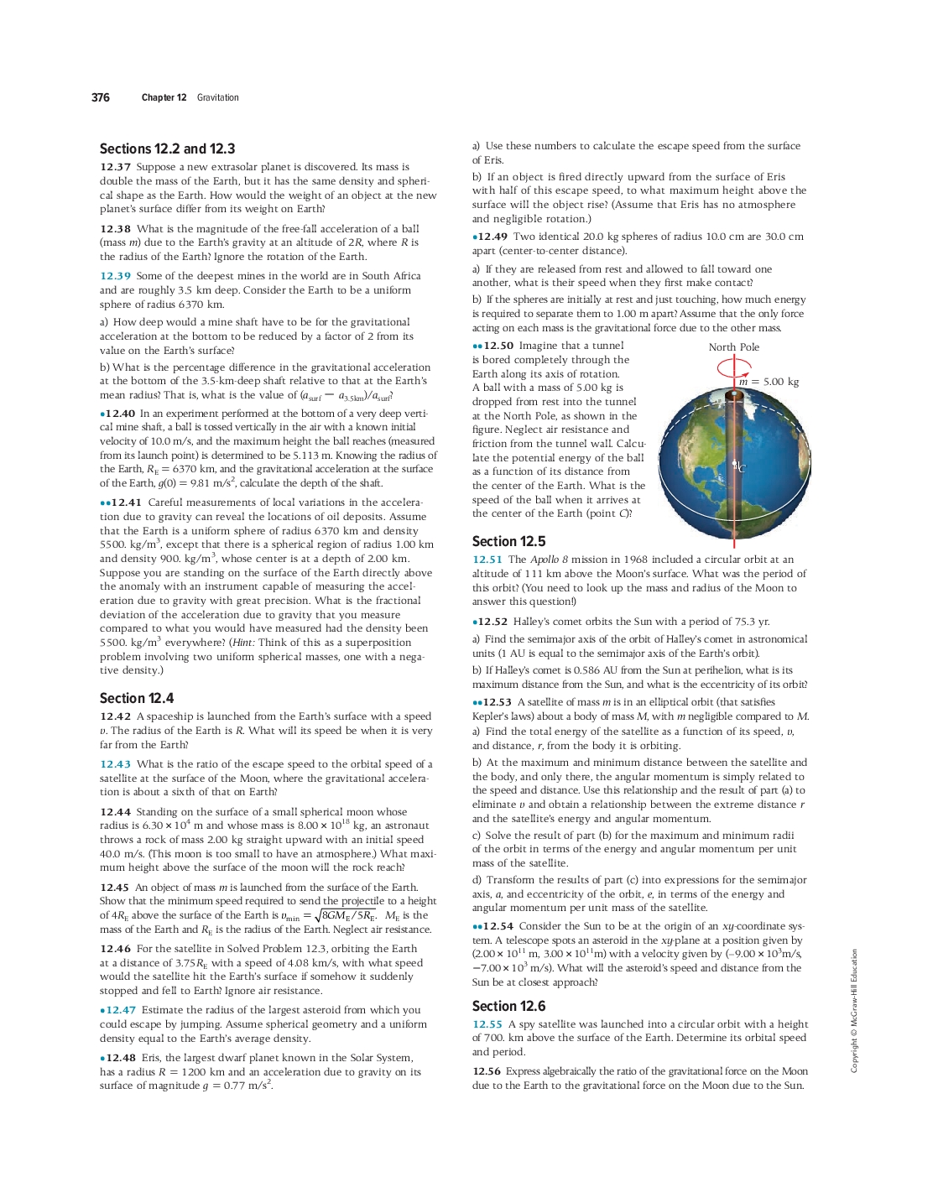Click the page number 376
pos(101,97)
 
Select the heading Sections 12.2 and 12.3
pos(167,148)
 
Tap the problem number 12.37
pos(115,167)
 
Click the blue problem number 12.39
pos(115,276)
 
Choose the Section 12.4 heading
pos(137,698)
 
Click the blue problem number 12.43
pos(115,764)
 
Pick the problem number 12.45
pos(115,888)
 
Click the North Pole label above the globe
pos(733,347)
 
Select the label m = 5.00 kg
pos(769,382)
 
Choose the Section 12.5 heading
pos(508,541)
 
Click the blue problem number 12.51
pos(487,560)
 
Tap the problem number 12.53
pos(497,702)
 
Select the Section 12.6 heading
pos(508,1006)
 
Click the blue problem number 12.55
pos(487,1024)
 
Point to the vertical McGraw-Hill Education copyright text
pos(854,1010)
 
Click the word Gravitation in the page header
pos(218,97)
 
